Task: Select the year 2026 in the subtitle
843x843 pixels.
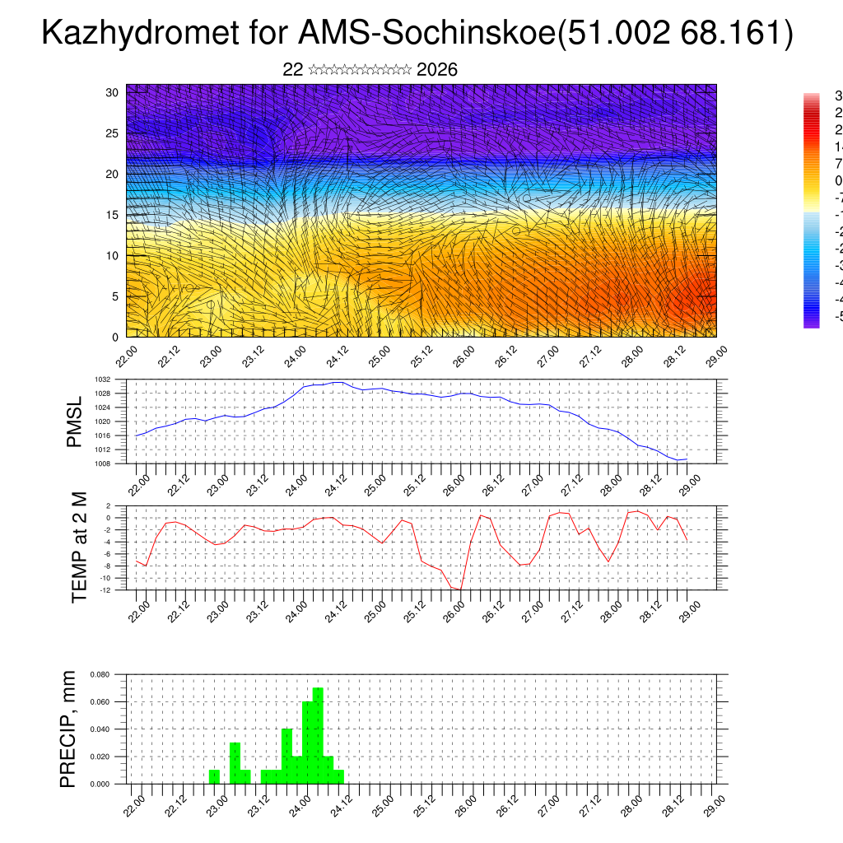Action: pos(437,70)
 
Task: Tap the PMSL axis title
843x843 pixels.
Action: pos(75,421)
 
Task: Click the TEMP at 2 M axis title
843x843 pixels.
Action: pos(79,547)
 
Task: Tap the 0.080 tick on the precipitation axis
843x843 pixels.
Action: pos(100,674)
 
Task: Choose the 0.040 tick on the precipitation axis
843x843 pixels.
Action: pos(100,729)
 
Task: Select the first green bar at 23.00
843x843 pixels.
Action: pos(214,776)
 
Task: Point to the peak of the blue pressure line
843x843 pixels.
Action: pos(338,382)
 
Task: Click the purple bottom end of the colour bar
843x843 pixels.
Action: pos(811,323)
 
